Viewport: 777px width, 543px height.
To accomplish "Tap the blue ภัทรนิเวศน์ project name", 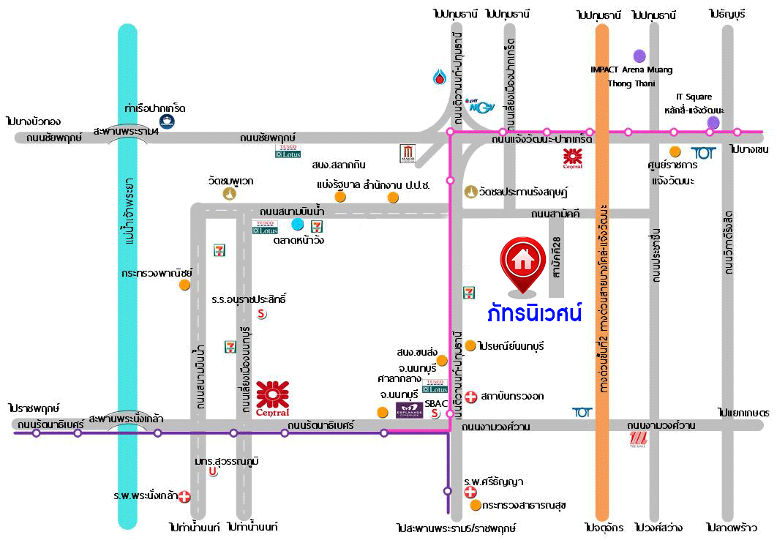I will coord(535,314).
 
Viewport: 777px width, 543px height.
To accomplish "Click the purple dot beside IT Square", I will coord(713,122).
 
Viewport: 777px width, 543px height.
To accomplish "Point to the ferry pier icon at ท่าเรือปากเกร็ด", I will coord(168,122).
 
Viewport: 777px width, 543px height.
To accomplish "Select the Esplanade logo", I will coord(410,411).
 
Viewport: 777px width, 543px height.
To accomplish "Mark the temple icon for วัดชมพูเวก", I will coord(230,194).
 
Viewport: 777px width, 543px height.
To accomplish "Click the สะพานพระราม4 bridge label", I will coord(126,130).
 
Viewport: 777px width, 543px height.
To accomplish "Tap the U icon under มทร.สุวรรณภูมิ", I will coord(213,472).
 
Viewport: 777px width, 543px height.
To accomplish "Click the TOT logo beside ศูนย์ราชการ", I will coord(703,153).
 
